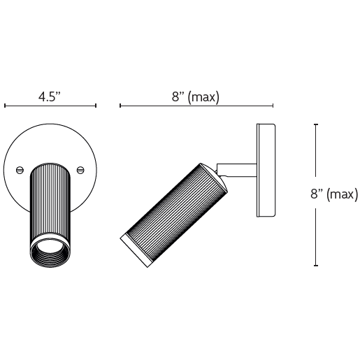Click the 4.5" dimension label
point(50,96)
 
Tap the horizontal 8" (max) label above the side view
point(196,97)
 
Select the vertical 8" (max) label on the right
point(334,194)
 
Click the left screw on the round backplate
point(20,170)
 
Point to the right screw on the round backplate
point(80,170)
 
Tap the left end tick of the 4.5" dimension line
point(5,106)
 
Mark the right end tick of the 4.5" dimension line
point(96,106)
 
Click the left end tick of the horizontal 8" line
point(120,106)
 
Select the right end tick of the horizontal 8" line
point(273,106)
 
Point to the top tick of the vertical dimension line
point(316,124)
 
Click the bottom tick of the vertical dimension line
point(316,265)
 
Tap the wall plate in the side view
point(266,171)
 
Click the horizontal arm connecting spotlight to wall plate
point(236,170)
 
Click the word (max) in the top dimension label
point(203,97)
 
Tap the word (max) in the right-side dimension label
point(342,194)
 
